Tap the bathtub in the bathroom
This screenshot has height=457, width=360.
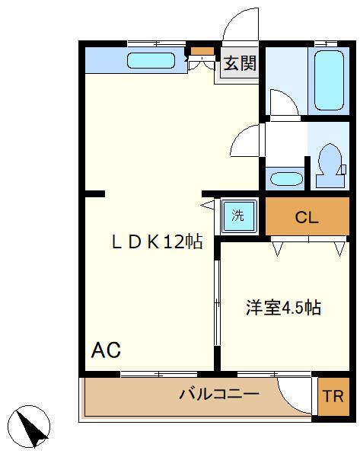(x=331, y=80)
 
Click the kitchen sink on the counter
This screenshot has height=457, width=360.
(x=151, y=60)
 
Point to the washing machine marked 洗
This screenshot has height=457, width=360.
(x=238, y=216)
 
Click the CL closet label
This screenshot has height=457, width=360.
(x=307, y=218)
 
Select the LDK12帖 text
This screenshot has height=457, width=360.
(x=157, y=242)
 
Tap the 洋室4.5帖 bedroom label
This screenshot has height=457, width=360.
(x=283, y=308)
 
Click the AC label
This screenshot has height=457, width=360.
(x=106, y=350)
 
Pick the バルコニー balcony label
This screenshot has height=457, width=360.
(x=219, y=394)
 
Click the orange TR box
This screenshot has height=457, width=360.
(x=332, y=397)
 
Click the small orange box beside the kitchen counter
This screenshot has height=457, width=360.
(x=202, y=52)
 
